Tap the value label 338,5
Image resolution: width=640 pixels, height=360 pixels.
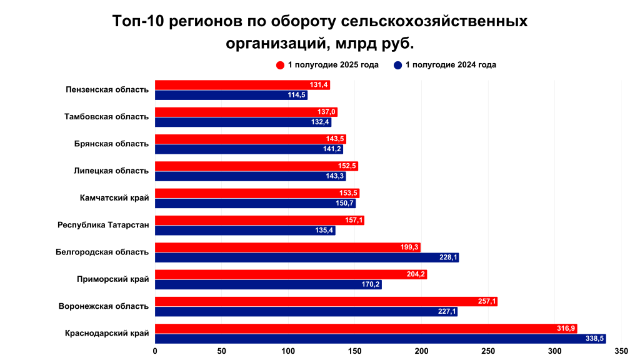pyautogui.click(x=594, y=339)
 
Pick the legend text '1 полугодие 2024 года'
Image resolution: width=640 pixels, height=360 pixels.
pyautogui.click(x=451, y=65)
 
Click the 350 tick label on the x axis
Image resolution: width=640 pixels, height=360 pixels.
pyautogui.click(x=621, y=351)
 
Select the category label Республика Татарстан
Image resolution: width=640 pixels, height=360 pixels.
pyautogui.click(x=103, y=225)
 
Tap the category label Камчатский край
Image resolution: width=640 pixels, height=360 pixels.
pyautogui.click(x=114, y=198)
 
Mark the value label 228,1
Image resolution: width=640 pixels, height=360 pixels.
pyautogui.click(x=447, y=257)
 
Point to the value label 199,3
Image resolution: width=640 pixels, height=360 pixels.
pyautogui.click(x=409, y=247)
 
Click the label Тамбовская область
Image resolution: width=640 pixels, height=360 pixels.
pyautogui.click(x=107, y=117)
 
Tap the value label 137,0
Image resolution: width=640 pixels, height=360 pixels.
pyautogui.click(x=326, y=112)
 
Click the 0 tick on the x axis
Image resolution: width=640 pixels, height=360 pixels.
pyautogui.click(x=155, y=351)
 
